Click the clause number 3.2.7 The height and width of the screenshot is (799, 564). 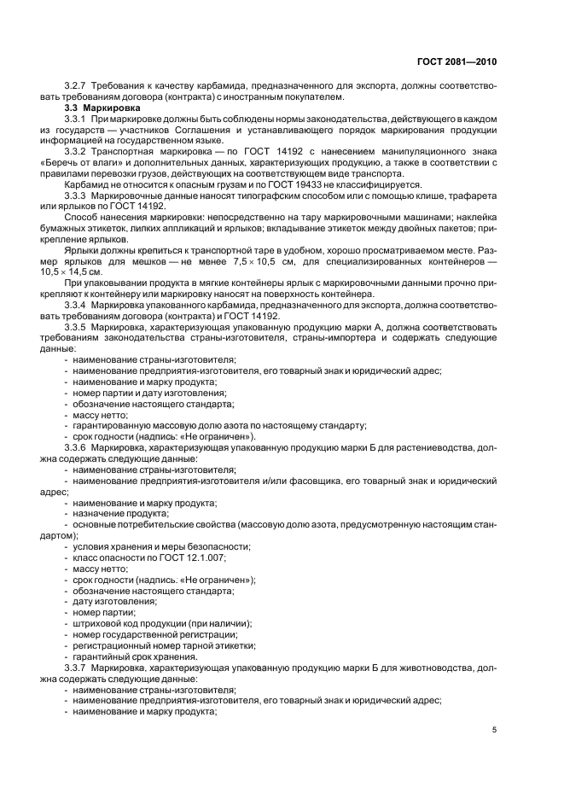coord(78,86)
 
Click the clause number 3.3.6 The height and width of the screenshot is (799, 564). coord(78,446)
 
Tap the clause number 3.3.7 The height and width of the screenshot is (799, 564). coord(78,668)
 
